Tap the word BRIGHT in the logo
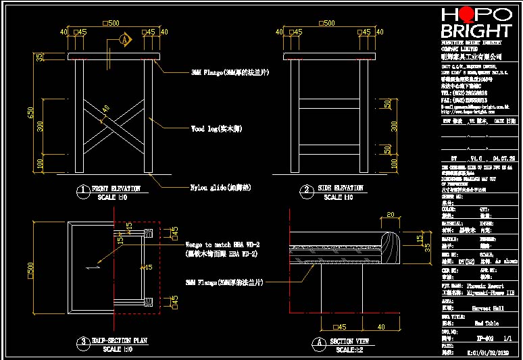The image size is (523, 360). [476, 31]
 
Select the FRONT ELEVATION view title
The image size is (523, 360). [116, 188]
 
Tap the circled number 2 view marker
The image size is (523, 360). [306, 191]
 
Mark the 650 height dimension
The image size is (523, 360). [30, 112]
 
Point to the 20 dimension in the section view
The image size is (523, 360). [390, 215]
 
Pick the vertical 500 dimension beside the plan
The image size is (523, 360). [30, 268]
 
